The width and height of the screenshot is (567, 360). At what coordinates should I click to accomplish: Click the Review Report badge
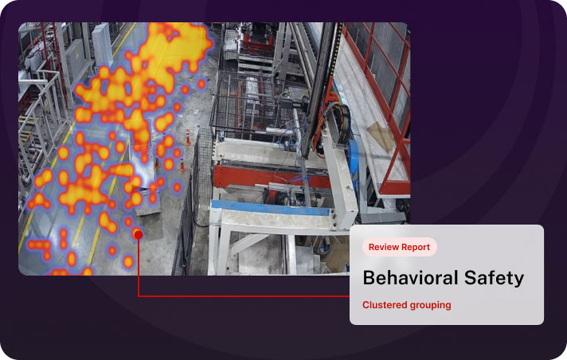pos(400,247)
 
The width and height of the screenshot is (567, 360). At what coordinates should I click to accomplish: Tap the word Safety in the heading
pos(494,279)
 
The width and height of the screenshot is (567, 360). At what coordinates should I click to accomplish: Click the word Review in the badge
pos(380,247)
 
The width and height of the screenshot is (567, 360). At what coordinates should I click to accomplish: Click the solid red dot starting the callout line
pos(138,235)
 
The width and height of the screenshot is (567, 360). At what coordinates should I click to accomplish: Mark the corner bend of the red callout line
pos(139,296)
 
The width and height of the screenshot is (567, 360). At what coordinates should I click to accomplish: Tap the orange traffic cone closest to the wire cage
pos(188,138)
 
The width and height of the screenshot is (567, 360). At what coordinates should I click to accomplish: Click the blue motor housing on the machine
pos(353,155)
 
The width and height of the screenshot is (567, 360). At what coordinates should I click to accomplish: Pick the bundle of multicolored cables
pos(342,123)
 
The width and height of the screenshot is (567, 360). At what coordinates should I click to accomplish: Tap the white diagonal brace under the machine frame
pos(249,243)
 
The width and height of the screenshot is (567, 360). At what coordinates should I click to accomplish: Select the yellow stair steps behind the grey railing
pos(25,131)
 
